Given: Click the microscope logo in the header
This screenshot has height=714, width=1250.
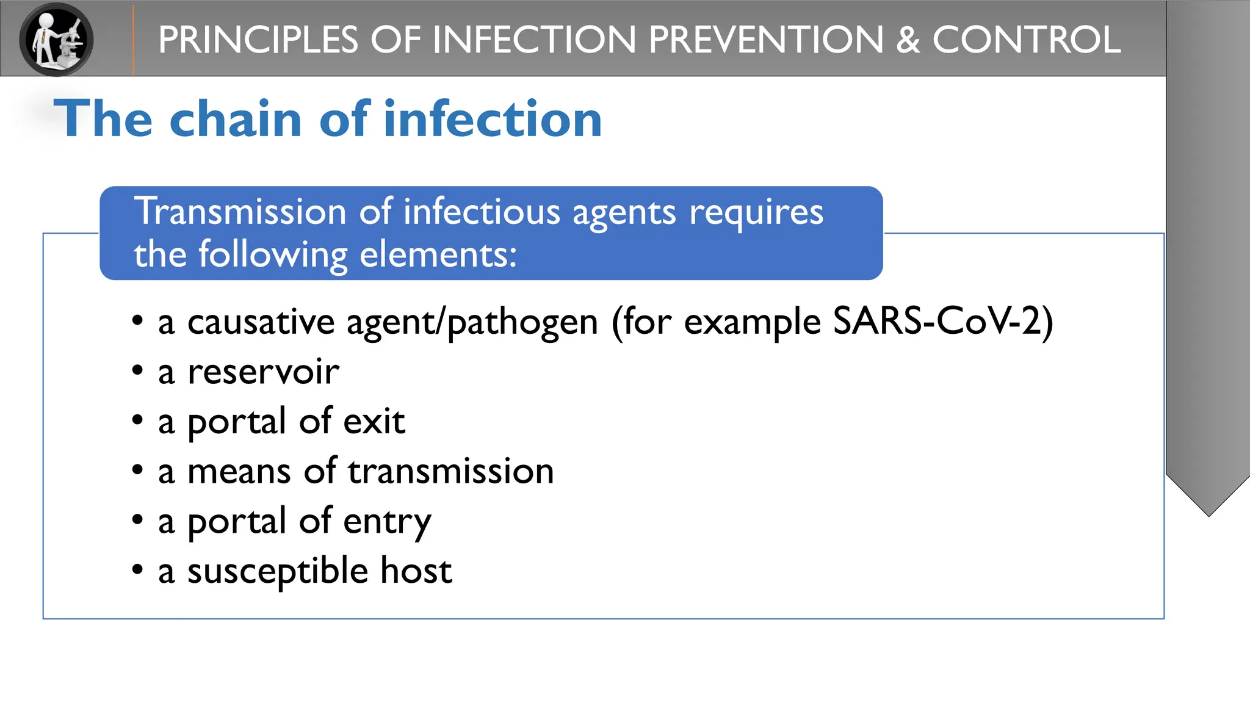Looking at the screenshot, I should [56, 39].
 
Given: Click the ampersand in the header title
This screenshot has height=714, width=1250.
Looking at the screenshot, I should [908, 40].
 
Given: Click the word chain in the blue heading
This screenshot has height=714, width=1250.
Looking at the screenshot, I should [236, 118].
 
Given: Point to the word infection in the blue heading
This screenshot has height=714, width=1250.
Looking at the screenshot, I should [493, 118].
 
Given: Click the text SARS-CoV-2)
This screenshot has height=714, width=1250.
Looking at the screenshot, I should [943, 322].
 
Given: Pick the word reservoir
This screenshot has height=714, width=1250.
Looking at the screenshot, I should [263, 372].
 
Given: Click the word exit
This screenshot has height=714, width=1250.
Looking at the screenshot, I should [374, 421].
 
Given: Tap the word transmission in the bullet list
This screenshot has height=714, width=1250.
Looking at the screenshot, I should [451, 471].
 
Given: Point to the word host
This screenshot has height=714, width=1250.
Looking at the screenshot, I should [416, 571].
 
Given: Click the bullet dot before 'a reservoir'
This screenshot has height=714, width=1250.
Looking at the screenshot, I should [137, 370].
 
